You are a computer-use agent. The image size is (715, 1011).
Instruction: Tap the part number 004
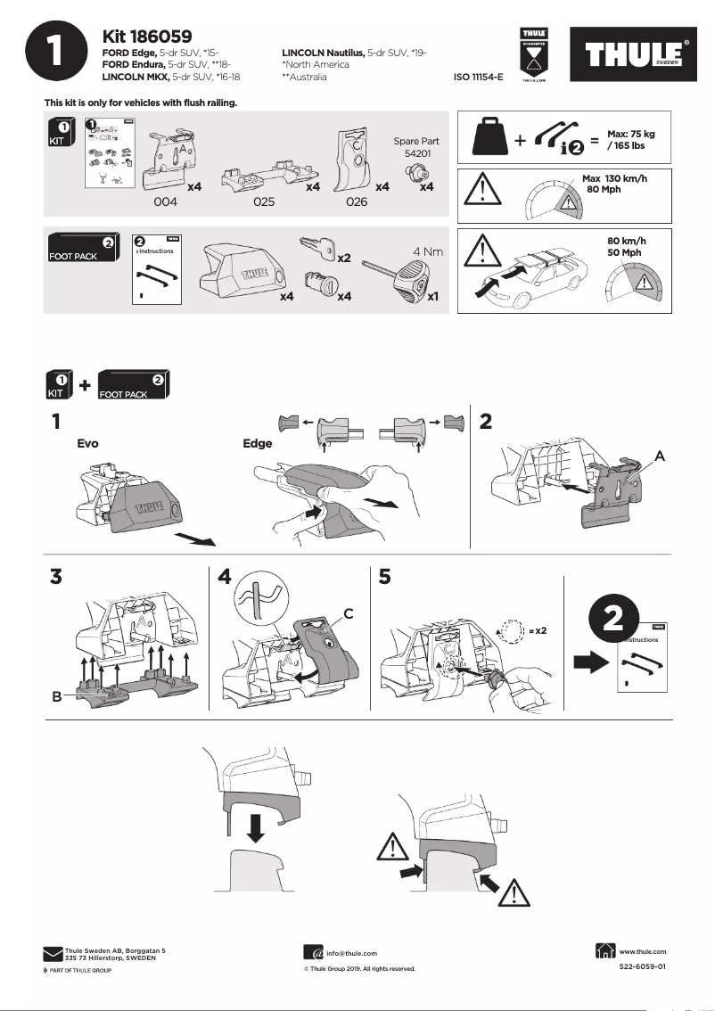point(165,201)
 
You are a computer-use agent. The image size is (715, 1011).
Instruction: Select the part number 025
point(263,201)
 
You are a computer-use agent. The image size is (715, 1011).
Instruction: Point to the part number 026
point(356,201)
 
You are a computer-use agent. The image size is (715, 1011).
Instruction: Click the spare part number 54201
point(416,153)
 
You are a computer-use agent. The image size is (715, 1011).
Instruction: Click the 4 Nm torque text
point(427,251)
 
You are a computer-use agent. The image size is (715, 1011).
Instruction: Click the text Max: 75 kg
point(630,134)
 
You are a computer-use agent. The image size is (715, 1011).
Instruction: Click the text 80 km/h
point(626,241)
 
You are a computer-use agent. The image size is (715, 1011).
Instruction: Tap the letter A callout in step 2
point(660,455)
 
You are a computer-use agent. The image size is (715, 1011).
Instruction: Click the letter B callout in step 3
point(56,697)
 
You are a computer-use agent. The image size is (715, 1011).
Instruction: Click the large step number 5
point(385,577)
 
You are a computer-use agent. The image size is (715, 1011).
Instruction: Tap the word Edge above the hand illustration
point(258,443)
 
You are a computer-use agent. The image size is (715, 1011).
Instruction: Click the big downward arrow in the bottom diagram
point(256,826)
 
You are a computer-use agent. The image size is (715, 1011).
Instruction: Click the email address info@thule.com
point(351,953)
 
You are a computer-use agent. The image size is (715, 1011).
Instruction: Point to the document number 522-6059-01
point(642,966)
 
